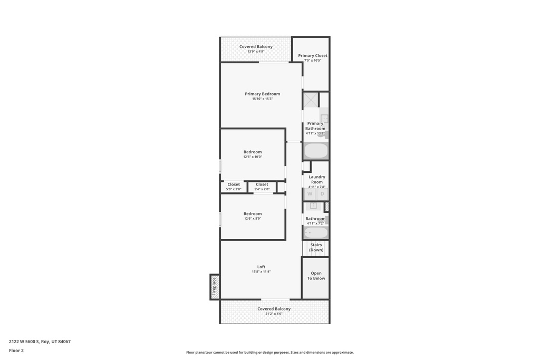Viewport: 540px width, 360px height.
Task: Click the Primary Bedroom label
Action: pyautogui.click(x=263, y=94)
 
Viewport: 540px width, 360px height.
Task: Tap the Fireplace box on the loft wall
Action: pyautogui.click(x=215, y=287)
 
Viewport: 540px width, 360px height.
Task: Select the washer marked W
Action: pyautogui.click(x=310, y=194)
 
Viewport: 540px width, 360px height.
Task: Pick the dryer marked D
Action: pyautogui.click(x=322, y=194)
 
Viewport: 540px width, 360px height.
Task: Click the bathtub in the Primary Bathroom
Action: pyautogui.click(x=316, y=151)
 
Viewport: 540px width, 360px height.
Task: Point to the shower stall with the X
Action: pyautogui.click(x=311, y=100)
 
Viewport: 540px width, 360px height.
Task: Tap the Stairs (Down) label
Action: pyautogui.click(x=316, y=247)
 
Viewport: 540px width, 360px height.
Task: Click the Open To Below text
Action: pyautogui.click(x=316, y=276)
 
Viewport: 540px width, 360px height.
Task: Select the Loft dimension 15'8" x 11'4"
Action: pyautogui.click(x=262, y=271)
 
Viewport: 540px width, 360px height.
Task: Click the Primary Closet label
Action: pyautogui.click(x=313, y=55)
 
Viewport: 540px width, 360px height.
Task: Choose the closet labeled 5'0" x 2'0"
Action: pyautogui.click(x=234, y=187)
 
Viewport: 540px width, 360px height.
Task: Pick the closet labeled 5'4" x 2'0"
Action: pyautogui.click(x=262, y=187)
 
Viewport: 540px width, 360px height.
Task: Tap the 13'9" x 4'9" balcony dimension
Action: pyautogui.click(x=256, y=51)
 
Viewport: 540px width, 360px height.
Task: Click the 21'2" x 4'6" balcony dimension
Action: pyautogui.click(x=274, y=314)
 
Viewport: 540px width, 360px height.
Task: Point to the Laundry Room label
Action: pyautogui.click(x=317, y=179)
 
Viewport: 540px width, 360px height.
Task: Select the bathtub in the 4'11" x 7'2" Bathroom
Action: pyautogui.click(x=316, y=232)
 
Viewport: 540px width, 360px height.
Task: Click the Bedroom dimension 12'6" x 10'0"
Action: pyautogui.click(x=253, y=157)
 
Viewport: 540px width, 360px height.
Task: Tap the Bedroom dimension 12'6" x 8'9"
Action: pyautogui.click(x=253, y=219)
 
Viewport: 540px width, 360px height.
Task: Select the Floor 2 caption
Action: pyautogui.click(x=16, y=351)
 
